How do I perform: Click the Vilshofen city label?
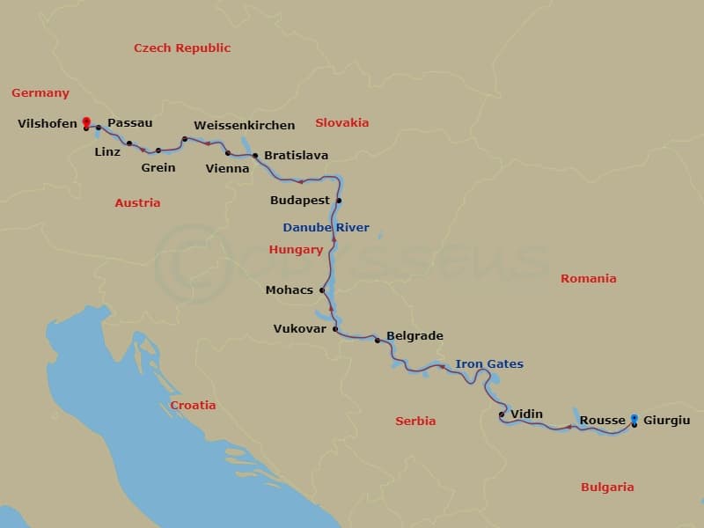[48, 124]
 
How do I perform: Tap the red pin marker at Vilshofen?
[85, 123]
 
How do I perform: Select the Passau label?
[129, 123]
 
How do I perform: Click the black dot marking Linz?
[129, 143]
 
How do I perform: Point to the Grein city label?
[158, 167]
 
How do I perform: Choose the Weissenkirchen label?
[244, 125]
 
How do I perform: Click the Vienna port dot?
[228, 153]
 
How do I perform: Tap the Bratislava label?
[296, 156]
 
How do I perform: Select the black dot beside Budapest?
[339, 201]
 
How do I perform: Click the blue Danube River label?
[326, 228]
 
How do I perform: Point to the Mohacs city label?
[290, 290]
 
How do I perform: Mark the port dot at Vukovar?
[335, 329]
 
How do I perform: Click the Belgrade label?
[414, 336]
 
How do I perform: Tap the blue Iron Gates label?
[489, 364]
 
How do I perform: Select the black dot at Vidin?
[502, 414]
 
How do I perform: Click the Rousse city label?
[603, 421]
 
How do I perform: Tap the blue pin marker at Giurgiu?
[634, 420]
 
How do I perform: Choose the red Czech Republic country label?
[182, 48]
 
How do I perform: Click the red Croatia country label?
[193, 406]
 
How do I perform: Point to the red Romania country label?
[589, 279]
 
